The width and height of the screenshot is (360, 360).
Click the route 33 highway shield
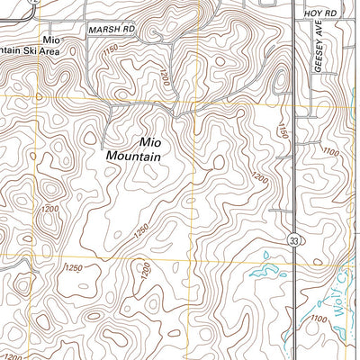(x=293, y=240)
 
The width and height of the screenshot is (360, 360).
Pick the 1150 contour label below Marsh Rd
(x=111, y=59)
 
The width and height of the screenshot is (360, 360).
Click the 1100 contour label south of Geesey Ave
(x=330, y=154)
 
